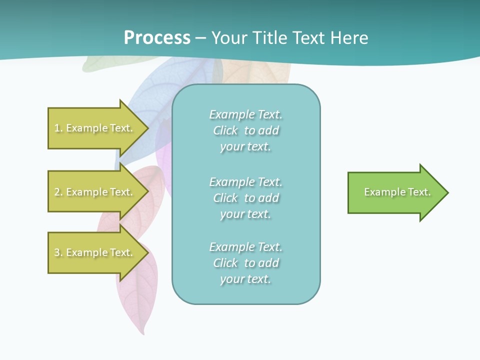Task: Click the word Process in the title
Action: point(157,38)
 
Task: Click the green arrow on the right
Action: point(395,192)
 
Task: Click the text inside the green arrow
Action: point(397,192)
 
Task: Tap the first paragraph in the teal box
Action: point(246,130)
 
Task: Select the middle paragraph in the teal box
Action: point(246,198)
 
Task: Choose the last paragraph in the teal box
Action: point(246,263)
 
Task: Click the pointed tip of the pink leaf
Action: point(144,333)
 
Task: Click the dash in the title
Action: point(201,38)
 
